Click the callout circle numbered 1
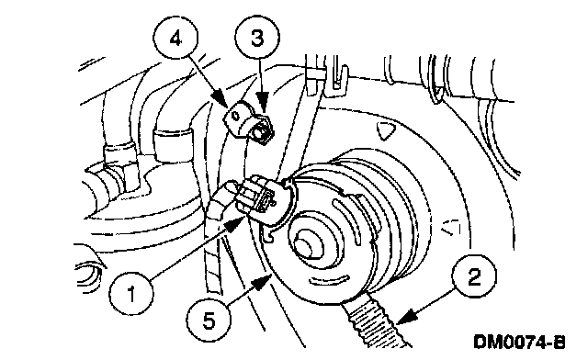[131, 294]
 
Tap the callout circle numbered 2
[474, 277]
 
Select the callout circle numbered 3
[257, 39]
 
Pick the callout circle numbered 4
[175, 39]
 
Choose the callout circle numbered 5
[209, 321]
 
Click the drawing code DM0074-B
[519, 342]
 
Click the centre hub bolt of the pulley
[305, 245]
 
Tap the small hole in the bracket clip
[235, 116]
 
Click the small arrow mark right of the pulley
[451, 227]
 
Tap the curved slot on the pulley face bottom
[329, 279]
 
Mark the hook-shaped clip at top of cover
[337, 80]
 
